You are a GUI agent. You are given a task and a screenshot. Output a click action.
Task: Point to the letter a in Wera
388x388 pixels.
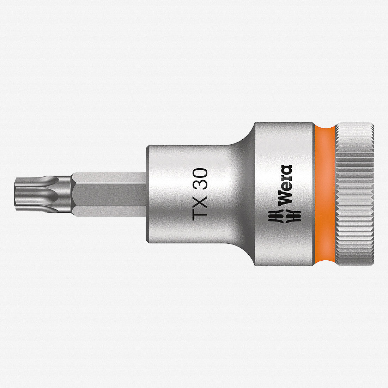coord(285,170)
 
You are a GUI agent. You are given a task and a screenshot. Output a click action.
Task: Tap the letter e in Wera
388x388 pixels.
coord(285,187)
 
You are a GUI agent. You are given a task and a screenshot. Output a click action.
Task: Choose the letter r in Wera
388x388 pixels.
coord(285,178)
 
